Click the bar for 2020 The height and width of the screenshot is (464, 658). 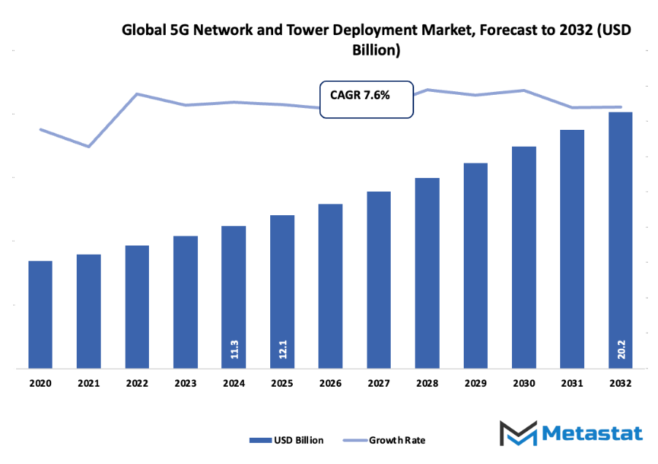40,314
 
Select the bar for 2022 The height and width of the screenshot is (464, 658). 137,306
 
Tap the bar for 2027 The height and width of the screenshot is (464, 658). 378,280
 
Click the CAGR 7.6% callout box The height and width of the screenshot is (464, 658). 367,98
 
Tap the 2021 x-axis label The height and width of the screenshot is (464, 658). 88,382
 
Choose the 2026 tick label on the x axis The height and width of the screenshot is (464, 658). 330,382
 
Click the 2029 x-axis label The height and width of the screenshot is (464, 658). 475,382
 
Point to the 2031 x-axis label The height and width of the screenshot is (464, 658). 572,382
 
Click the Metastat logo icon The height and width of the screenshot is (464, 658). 516,433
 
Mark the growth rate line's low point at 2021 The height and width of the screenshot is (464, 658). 89,147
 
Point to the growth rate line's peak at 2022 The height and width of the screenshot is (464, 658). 137,94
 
